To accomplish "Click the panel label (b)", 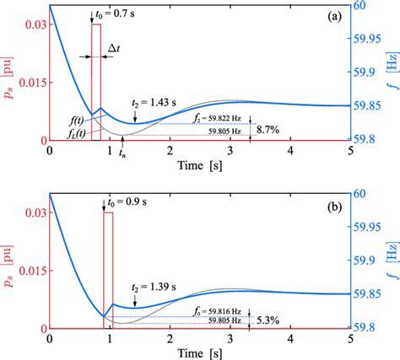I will tap(335, 203).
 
